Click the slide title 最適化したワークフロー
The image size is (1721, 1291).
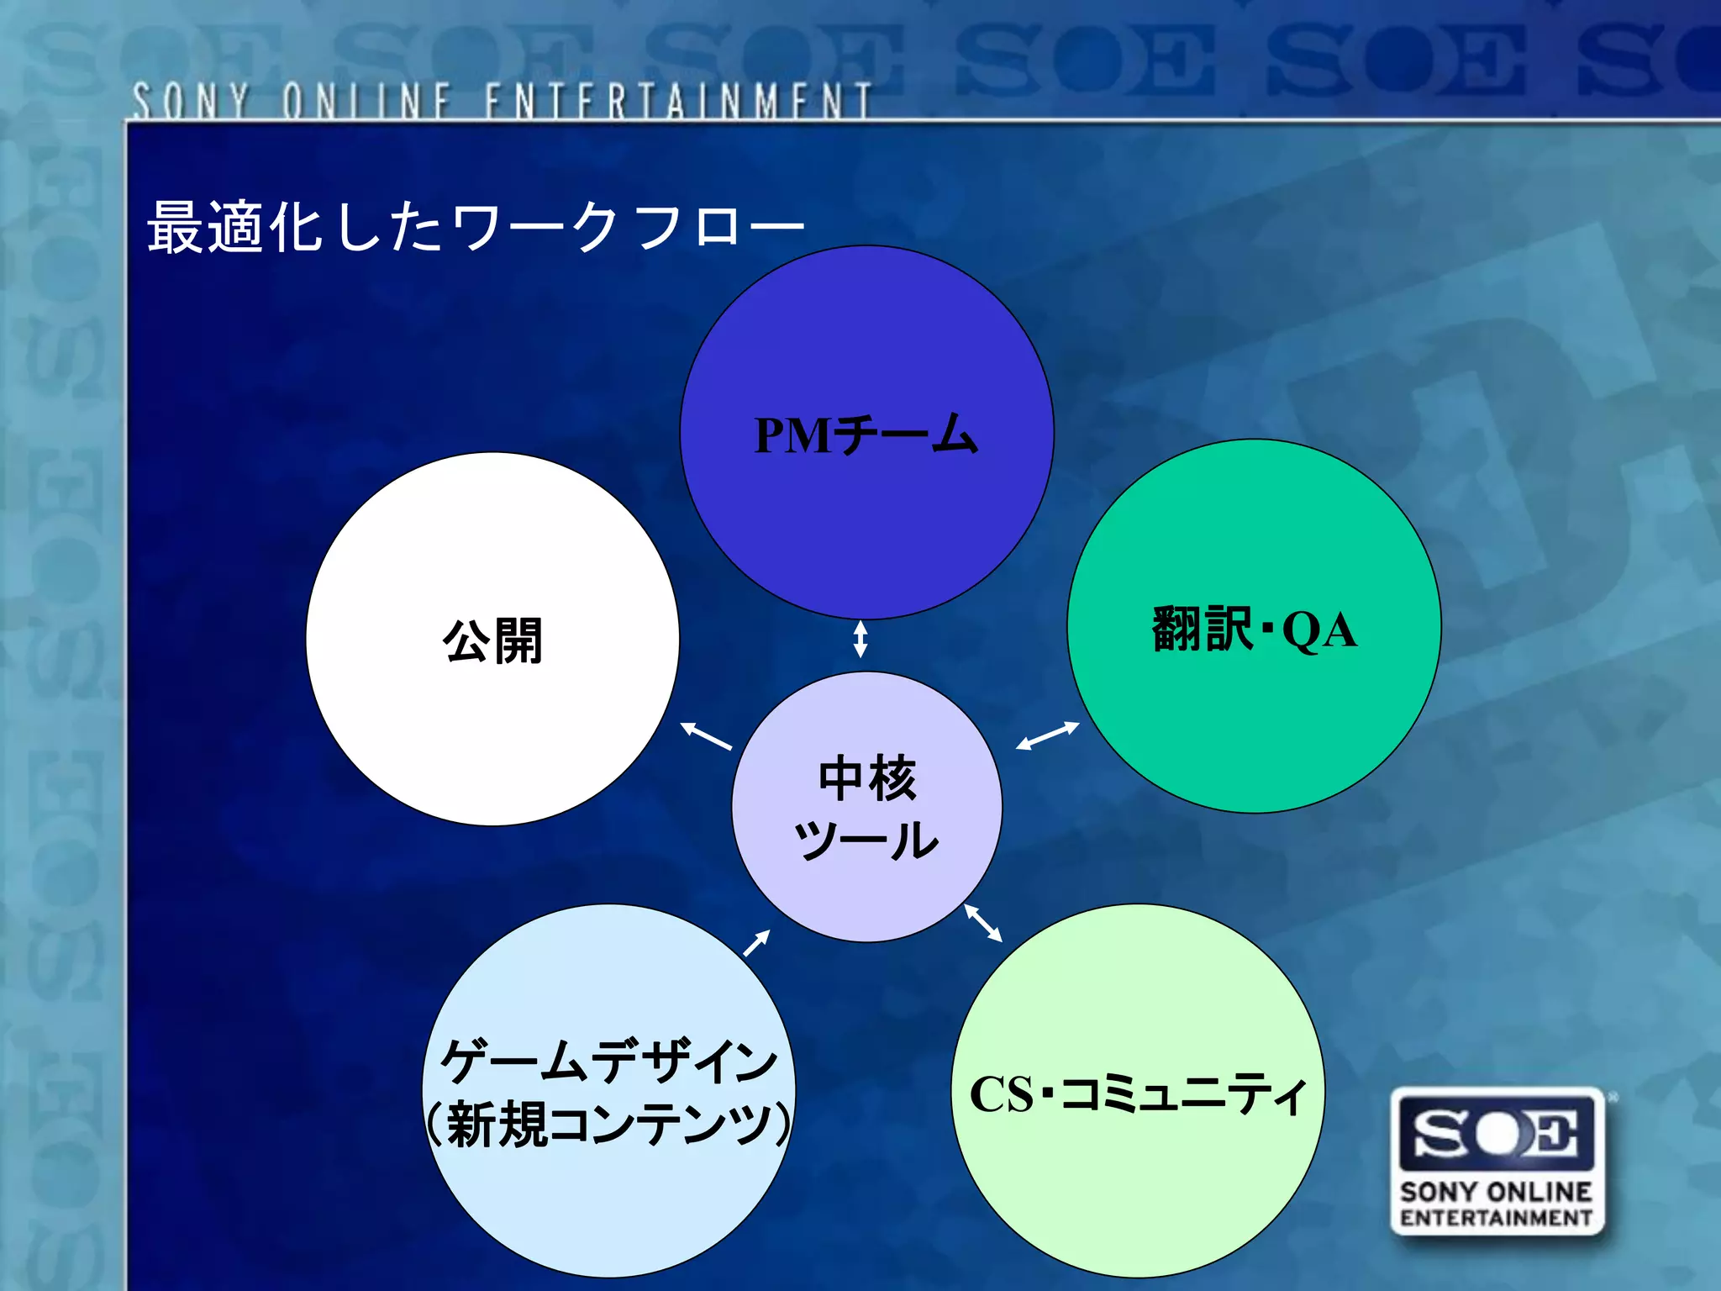click(476, 227)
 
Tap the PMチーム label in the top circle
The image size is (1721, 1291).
click(866, 435)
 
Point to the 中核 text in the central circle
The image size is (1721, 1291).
click(867, 777)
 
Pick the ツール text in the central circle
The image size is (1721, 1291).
click(866, 840)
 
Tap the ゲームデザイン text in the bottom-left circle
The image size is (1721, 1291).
click(609, 1061)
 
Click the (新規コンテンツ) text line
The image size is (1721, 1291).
click(608, 1124)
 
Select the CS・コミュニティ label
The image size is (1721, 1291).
click(1138, 1094)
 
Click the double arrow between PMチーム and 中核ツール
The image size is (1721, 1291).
click(860, 639)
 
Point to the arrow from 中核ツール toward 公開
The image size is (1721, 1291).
click(706, 735)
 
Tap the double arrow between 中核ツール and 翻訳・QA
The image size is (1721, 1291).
click(1047, 735)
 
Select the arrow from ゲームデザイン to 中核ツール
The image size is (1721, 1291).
click(757, 943)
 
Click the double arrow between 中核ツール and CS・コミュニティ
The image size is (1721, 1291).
click(983, 923)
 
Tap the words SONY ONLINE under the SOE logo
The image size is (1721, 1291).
click(1497, 1192)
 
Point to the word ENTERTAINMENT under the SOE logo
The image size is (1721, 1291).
click(1497, 1218)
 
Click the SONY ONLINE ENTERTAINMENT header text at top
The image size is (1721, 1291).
click(502, 101)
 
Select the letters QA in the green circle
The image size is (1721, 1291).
click(1319, 630)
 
